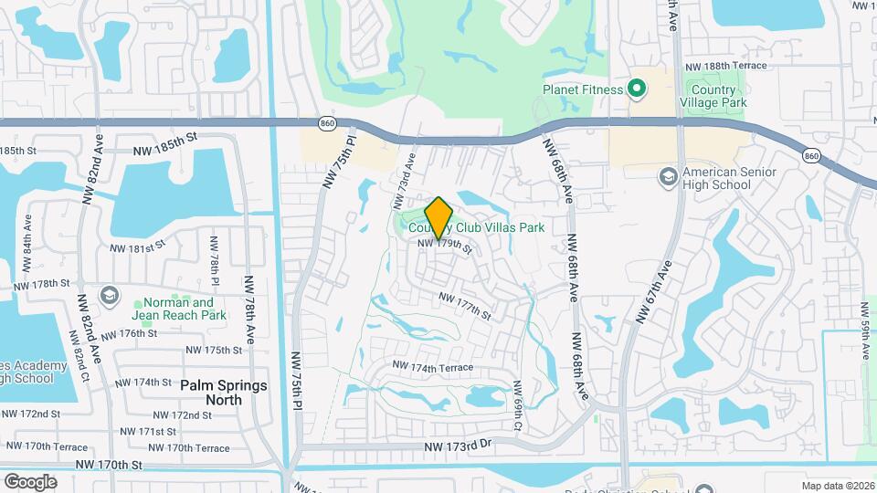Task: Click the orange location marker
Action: [x=439, y=217]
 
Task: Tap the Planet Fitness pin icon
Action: [x=638, y=89]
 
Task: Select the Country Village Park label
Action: [x=713, y=96]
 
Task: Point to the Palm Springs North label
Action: [x=224, y=393]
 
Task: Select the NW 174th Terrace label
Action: [x=433, y=367]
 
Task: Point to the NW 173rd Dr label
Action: [x=459, y=446]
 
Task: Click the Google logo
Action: [x=30, y=481]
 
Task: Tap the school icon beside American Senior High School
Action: [x=668, y=173]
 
